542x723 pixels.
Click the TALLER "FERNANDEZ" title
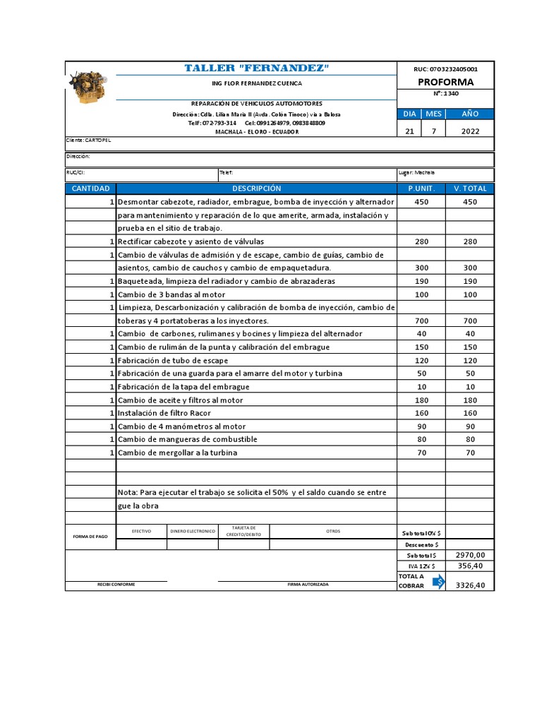257,68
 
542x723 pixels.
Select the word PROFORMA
445,82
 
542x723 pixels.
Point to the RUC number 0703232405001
445,69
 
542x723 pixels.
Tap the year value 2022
470,131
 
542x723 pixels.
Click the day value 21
409,131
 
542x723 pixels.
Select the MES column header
433,114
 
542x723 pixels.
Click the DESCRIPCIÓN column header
256,189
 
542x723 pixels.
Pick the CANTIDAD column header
90,189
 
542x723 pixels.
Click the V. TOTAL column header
470,189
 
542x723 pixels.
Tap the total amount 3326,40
470,585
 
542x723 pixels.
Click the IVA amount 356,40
470,566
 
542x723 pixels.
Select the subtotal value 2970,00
470,555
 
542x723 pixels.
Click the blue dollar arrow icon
438,581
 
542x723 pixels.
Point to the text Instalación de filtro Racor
164,413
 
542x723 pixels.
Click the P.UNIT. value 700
421,321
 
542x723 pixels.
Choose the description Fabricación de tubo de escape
173,360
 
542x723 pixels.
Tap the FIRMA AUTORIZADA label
308,585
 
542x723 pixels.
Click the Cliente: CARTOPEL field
89,141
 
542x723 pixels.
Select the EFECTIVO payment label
141,531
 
